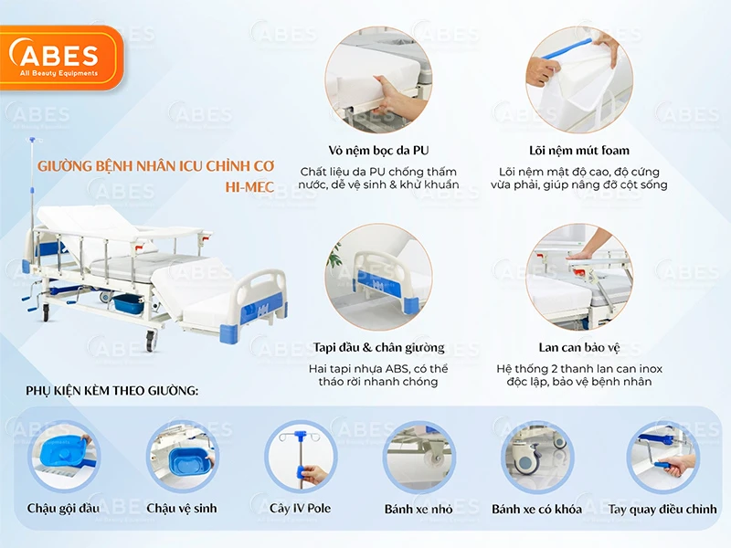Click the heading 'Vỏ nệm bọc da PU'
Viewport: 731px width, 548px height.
378,150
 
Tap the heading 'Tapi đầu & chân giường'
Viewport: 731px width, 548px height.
378,347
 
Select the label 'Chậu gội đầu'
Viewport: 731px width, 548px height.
64,508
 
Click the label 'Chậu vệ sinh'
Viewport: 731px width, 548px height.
182,508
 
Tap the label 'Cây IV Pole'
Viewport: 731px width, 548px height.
300,508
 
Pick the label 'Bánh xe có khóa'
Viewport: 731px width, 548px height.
536,508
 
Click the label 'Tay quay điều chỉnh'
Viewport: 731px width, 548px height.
662,508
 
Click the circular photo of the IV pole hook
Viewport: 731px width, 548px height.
300,456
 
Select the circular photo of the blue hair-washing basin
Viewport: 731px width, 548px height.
64,456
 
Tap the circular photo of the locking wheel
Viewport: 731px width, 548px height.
536,456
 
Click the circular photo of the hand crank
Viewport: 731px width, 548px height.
662,456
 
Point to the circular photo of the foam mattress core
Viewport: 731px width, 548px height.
578,79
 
